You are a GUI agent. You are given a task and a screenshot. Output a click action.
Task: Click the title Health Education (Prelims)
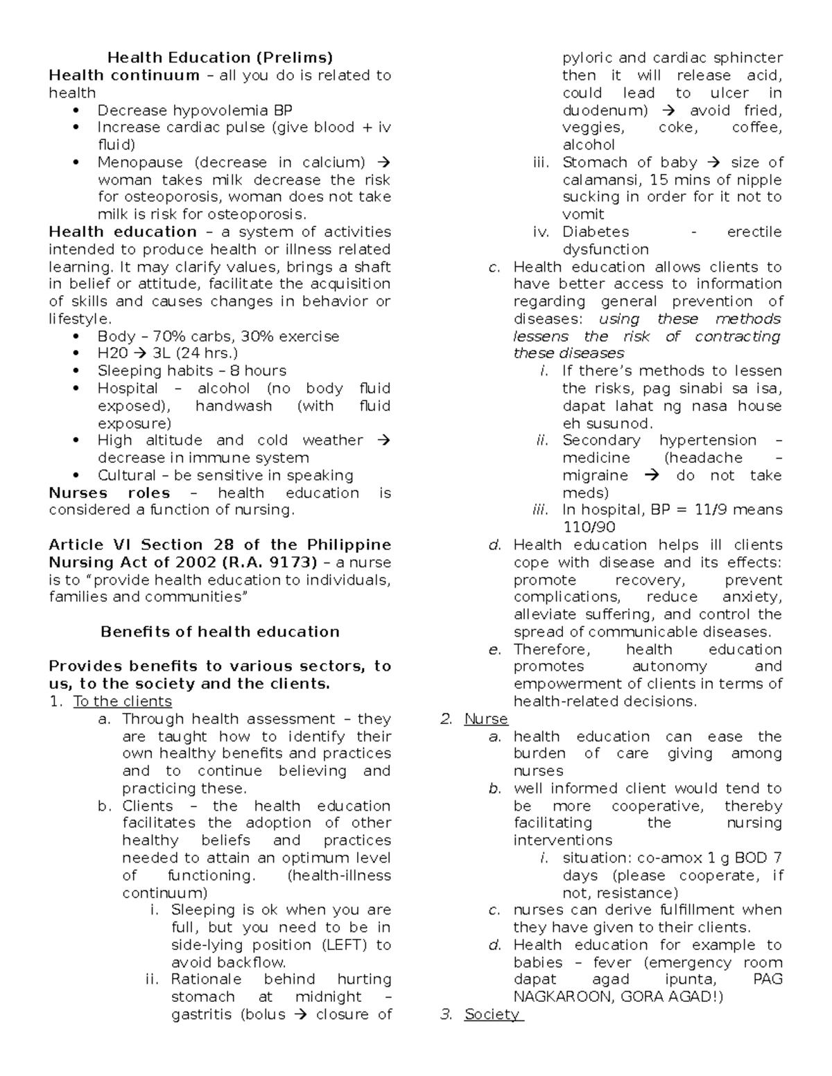pos(220,58)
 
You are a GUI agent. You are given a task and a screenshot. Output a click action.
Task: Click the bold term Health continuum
pos(123,75)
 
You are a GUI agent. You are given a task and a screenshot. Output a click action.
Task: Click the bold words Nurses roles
pos(109,493)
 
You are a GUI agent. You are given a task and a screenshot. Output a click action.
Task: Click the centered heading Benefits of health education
pos(220,631)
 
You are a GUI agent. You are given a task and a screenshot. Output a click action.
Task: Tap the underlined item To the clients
pos(122,701)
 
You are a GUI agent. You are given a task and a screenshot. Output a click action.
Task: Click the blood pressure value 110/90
pos(589,527)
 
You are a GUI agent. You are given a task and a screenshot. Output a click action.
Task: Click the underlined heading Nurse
pos(486,718)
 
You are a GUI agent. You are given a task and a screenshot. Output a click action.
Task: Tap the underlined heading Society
pos(492,1014)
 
